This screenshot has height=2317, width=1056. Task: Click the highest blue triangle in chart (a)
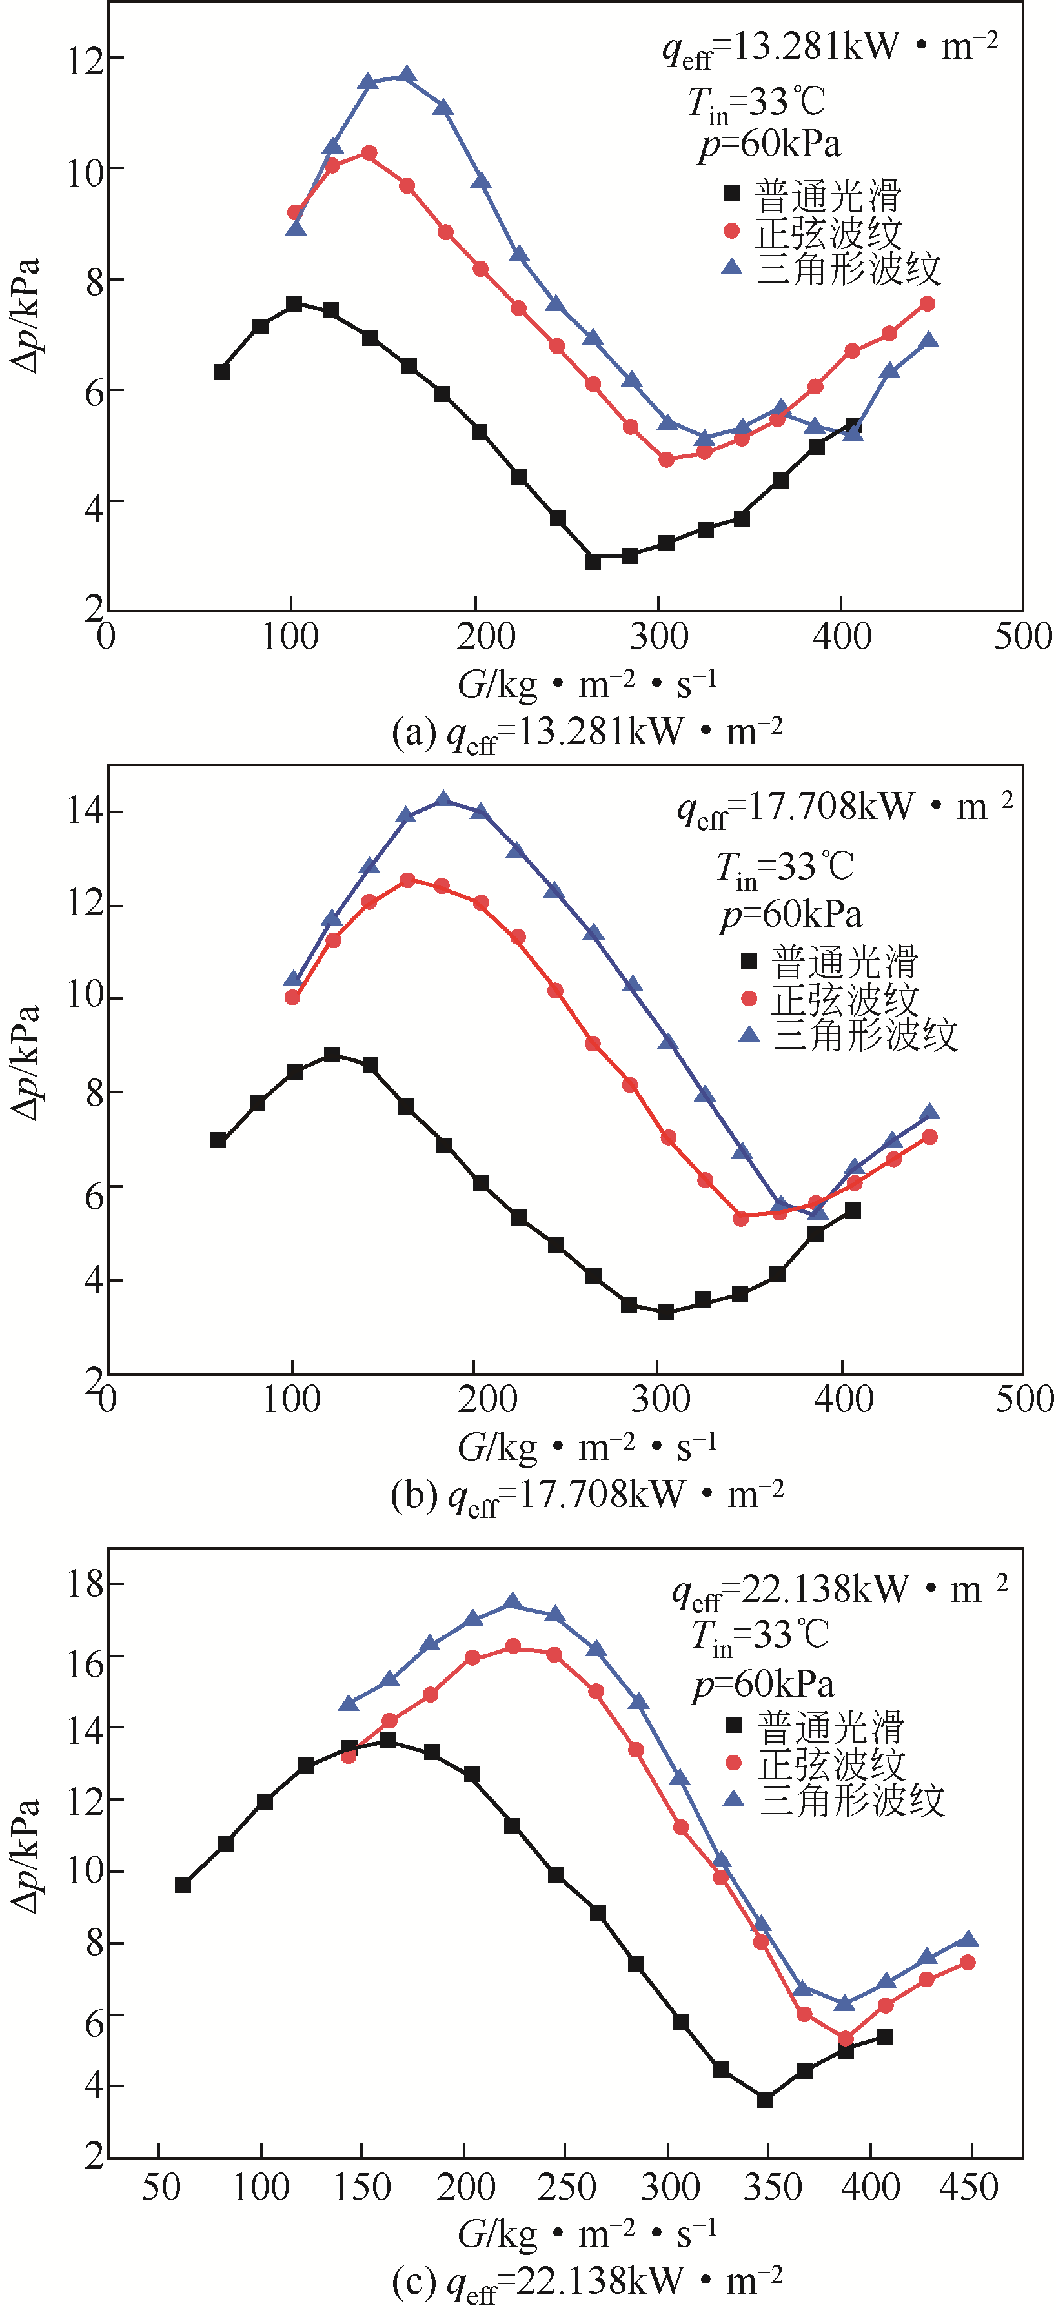(x=407, y=76)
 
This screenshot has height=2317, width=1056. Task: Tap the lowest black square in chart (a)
(x=593, y=560)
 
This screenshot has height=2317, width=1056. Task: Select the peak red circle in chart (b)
(x=407, y=880)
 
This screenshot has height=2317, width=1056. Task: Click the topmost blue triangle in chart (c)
(x=513, y=1602)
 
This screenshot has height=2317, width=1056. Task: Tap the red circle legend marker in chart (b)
(x=748, y=998)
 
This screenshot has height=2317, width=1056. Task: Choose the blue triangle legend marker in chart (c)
(x=734, y=1798)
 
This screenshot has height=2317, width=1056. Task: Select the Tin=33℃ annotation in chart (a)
(x=756, y=103)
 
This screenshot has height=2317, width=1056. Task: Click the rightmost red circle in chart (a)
(x=928, y=304)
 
